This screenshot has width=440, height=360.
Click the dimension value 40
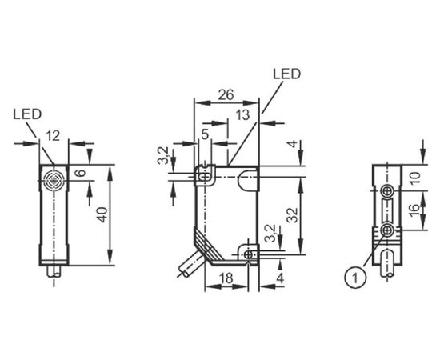103,214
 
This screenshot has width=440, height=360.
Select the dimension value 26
226,95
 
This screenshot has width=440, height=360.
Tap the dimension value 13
242,115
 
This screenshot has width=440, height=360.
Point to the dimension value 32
293,215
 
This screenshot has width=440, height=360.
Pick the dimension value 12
53,136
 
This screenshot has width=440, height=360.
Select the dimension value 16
414,210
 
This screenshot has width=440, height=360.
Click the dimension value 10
414,178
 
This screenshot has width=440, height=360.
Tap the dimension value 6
82,172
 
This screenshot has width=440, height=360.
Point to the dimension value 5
206,134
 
